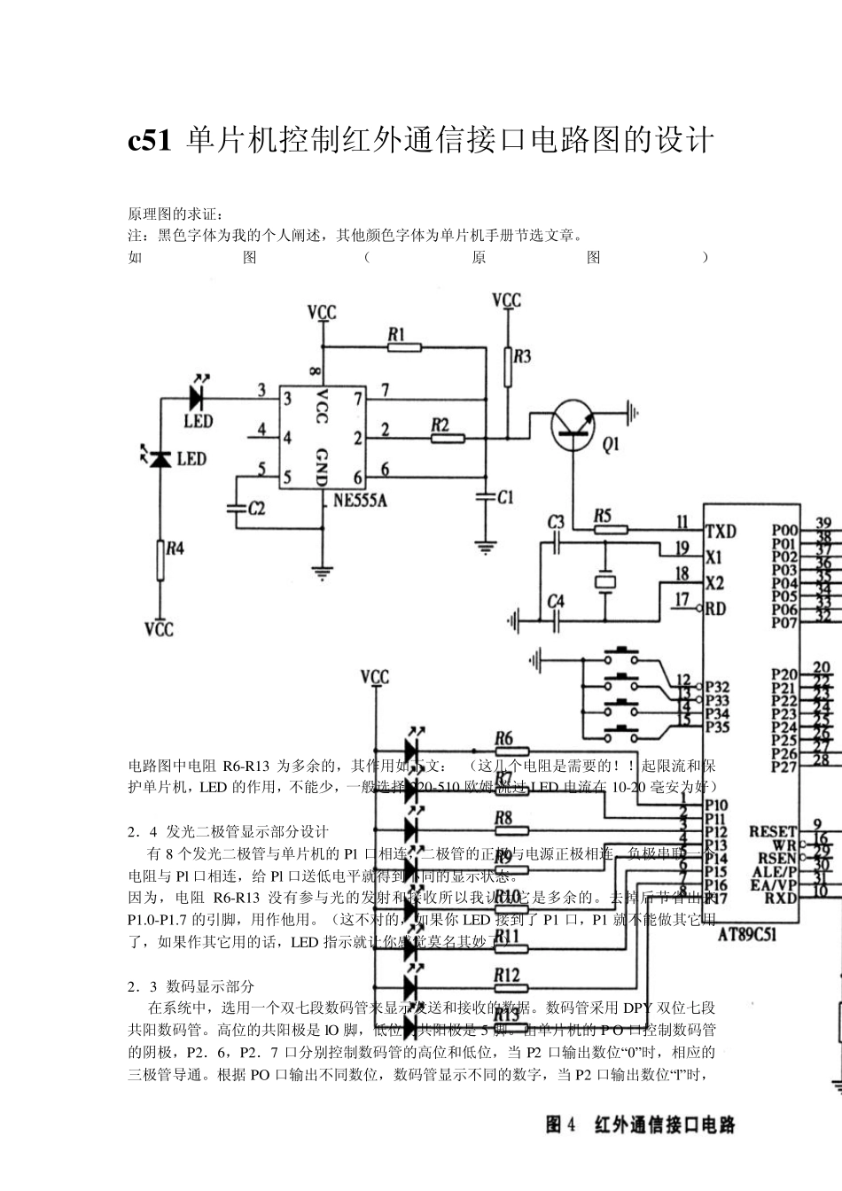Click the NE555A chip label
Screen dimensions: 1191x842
point(360,500)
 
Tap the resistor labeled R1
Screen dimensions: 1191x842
point(405,348)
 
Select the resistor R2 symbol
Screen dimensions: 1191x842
point(447,438)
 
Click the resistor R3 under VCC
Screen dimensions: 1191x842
point(507,365)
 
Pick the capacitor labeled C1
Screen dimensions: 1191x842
point(485,497)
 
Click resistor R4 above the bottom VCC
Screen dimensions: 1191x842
point(160,560)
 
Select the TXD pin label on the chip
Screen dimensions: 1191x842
point(721,531)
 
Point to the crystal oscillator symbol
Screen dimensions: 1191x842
point(604,581)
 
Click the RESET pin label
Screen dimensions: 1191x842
point(773,831)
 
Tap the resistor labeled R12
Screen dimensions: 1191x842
point(512,987)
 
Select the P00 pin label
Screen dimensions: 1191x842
point(784,530)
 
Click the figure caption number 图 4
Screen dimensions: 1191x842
point(561,1125)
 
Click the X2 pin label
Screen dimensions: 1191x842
point(714,583)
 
